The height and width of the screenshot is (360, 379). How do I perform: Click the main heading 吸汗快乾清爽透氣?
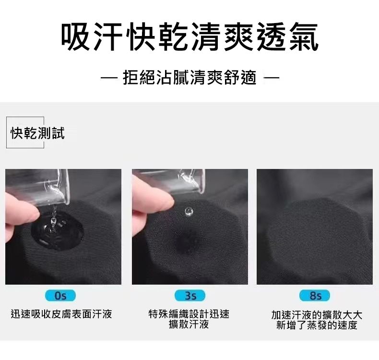point(189,37)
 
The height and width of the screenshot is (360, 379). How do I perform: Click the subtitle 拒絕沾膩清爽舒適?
point(189,78)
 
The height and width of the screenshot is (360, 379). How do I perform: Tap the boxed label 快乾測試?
point(37,133)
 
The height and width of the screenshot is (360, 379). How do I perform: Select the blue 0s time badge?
point(60,296)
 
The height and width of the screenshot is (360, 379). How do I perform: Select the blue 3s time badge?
point(190,296)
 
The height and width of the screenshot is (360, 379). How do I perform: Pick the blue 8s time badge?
point(314,296)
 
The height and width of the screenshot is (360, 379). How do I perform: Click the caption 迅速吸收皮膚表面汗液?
point(61,314)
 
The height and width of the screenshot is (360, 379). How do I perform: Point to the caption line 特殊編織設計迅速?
point(189,314)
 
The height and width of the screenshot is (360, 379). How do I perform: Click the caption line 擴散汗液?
point(189,324)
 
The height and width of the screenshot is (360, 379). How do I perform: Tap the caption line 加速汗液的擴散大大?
point(317,315)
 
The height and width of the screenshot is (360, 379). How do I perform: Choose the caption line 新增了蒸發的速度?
point(317,325)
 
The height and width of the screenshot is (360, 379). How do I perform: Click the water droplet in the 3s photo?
point(189,212)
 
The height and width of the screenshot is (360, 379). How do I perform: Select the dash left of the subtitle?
point(109,78)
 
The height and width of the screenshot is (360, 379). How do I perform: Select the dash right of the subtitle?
point(272,78)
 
